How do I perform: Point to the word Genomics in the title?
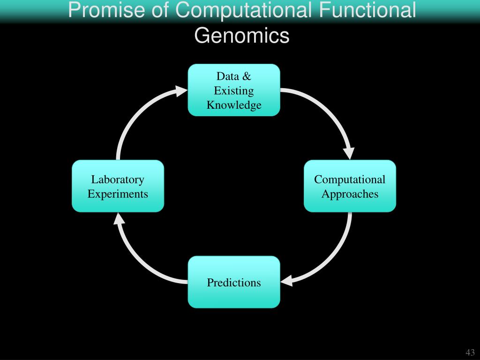(x=242, y=36)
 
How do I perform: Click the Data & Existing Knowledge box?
(x=234, y=90)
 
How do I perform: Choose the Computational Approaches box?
(x=350, y=186)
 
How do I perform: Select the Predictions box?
(x=234, y=282)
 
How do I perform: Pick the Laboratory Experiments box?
(x=118, y=186)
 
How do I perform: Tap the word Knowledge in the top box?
(x=234, y=105)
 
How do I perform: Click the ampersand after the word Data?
(x=247, y=76)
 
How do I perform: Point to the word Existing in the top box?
(x=234, y=90)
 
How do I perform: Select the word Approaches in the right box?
(x=350, y=194)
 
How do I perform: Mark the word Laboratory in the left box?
(x=118, y=179)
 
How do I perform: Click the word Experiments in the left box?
(x=118, y=194)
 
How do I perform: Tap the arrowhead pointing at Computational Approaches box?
(x=349, y=153)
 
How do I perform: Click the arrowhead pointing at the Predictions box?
(x=286, y=281)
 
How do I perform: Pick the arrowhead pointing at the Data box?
(x=182, y=90)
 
